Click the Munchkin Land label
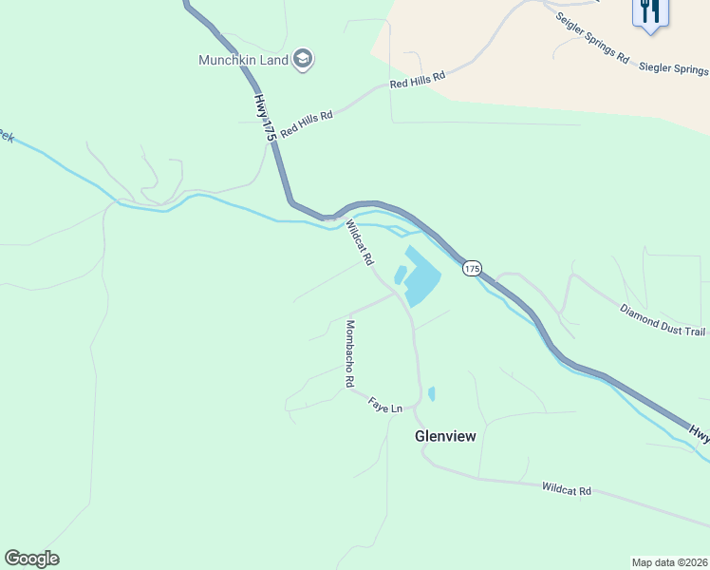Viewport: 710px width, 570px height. pyautogui.click(x=242, y=60)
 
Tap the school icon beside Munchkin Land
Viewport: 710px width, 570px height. pyautogui.click(x=303, y=60)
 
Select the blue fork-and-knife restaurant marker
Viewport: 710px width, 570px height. pyautogui.click(x=650, y=12)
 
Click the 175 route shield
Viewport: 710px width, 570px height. pyautogui.click(x=472, y=269)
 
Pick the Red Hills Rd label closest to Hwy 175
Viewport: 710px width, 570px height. pyautogui.click(x=307, y=123)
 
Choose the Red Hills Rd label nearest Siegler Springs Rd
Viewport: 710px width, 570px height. pyautogui.click(x=418, y=81)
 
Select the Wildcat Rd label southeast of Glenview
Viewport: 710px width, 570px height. pyautogui.click(x=567, y=490)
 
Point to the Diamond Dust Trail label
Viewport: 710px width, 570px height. pyautogui.click(x=663, y=320)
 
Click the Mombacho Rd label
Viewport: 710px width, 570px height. pyautogui.click(x=349, y=353)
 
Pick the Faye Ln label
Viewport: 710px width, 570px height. pyautogui.click(x=385, y=406)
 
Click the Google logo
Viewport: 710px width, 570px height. pyautogui.click(x=31, y=558)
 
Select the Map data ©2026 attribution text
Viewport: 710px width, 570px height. pyautogui.click(x=669, y=561)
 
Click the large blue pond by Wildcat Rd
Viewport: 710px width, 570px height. pyautogui.click(x=422, y=278)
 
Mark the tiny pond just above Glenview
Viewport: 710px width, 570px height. pyautogui.click(x=432, y=392)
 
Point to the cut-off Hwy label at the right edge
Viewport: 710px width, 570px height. pyautogui.click(x=700, y=433)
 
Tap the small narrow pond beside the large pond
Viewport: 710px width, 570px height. pyautogui.click(x=401, y=275)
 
